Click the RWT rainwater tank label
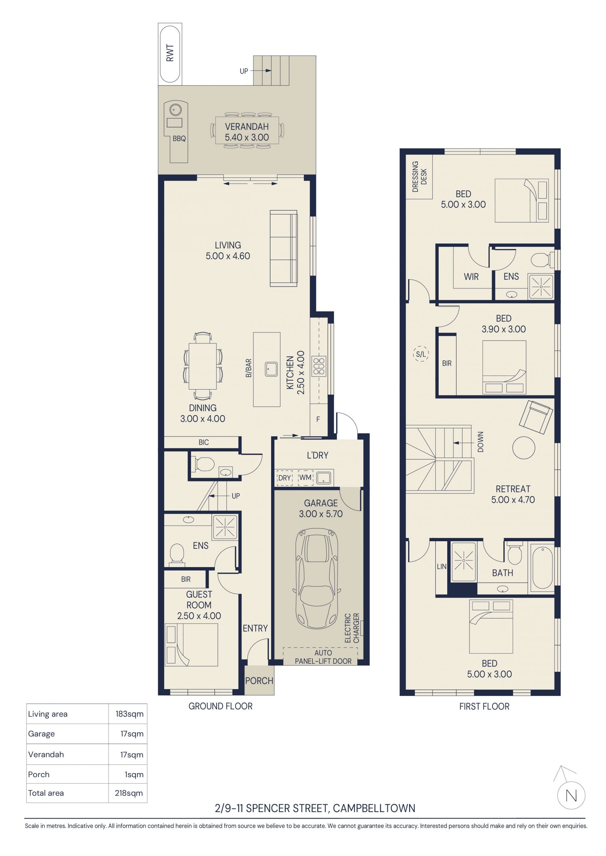pyautogui.click(x=170, y=53)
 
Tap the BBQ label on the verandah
pyautogui.click(x=179, y=139)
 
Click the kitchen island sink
pyautogui.click(x=271, y=369)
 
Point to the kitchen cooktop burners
pyautogui.click(x=319, y=366)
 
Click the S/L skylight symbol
pyautogui.click(x=421, y=354)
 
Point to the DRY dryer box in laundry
pyautogui.click(x=284, y=478)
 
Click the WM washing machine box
pyautogui.click(x=305, y=478)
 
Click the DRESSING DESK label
pyautogui.click(x=419, y=177)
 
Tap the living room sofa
pyautogui.click(x=284, y=248)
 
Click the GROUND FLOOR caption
pyautogui.click(x=221, y=706)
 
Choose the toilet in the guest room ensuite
pyautogui.click(x=177, y=553)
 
